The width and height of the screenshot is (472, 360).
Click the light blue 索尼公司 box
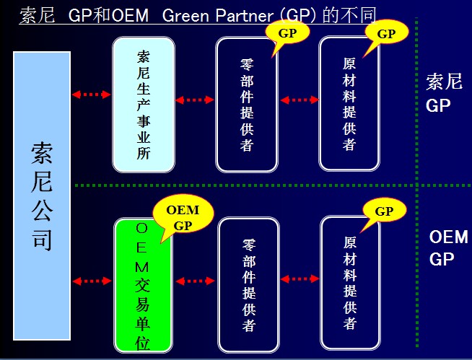(x=41, y=195)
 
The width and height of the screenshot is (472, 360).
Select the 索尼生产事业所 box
(x=144, y=105)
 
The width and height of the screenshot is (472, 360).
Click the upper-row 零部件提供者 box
(x=247, y=105)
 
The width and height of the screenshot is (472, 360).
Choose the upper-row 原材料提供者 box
(x=349, y=105)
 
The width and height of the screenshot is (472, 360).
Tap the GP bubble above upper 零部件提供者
(x=287, y=32)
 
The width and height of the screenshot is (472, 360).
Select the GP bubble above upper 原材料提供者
(x=386, y=33)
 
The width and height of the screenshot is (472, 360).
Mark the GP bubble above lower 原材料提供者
(x=384, y=211)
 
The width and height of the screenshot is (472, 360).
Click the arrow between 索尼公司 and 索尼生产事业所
(x=92, y=94)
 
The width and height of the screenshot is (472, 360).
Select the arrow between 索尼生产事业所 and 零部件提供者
(x=195, y=100)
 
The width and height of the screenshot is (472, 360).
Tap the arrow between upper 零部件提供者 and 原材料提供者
(x=298, y=100)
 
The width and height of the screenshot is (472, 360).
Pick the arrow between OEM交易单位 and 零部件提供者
(x=195, y=281)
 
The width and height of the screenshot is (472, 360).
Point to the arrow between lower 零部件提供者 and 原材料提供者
(x=299, y=277)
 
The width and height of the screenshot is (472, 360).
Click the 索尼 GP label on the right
(x=443, y=93)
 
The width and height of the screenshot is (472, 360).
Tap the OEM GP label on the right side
(x=447, y=247)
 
